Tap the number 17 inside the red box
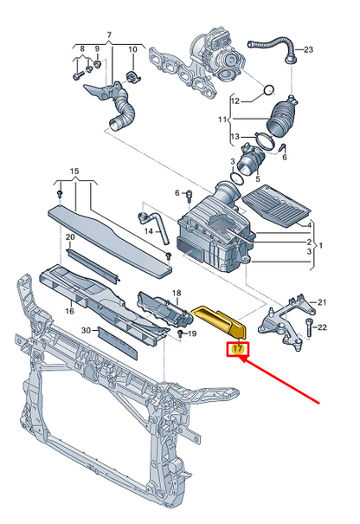[x=237, y=351]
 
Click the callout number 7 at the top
[x=109, y=35]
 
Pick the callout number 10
[x=133, y=51]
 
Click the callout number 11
[x=222, y=119]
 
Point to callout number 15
[x=74, y=171]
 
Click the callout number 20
[x=70, y=236]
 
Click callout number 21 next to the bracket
[x=323, y=302]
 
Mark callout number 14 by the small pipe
[x=149, y=231]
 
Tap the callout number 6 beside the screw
[x=177, y=192]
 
